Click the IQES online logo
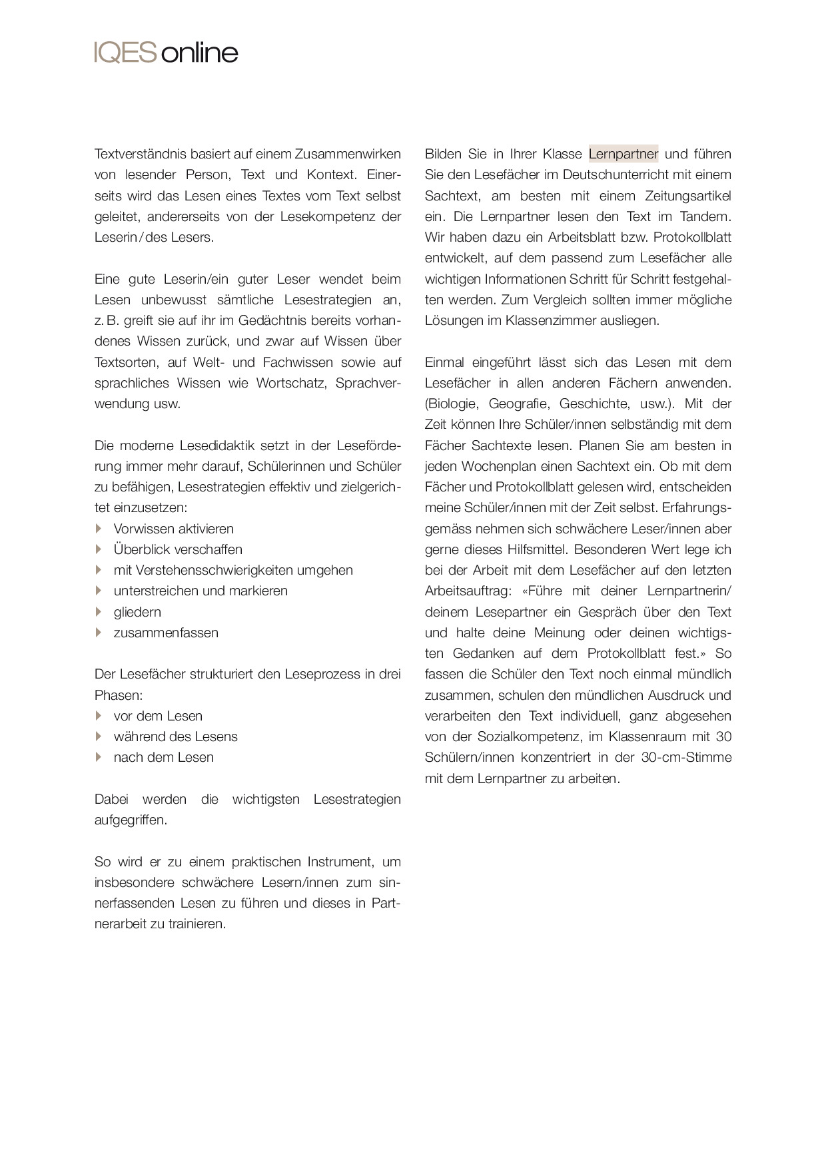(166, 53)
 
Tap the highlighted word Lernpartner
(623, 154)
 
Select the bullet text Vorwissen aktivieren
(174, 529)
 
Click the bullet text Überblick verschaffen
(178, 549)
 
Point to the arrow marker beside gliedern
(99, 611)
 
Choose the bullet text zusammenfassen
(166, 633)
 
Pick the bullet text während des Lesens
(176, 736)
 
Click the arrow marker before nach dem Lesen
(99, 757)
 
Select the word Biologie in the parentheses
(453, 404)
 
